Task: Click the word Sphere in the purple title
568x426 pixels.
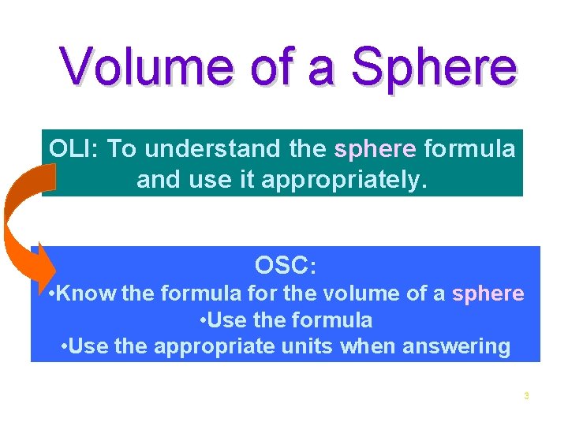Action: (435, 68)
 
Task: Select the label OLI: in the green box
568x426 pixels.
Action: (74, 148)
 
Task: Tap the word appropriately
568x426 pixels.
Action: (343, 180)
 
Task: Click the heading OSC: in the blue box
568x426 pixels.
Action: (286, 266)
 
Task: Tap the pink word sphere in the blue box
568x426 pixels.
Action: (488, 293)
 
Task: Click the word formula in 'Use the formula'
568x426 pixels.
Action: (331, 320)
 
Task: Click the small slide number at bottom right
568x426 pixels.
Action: (526, 395)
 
